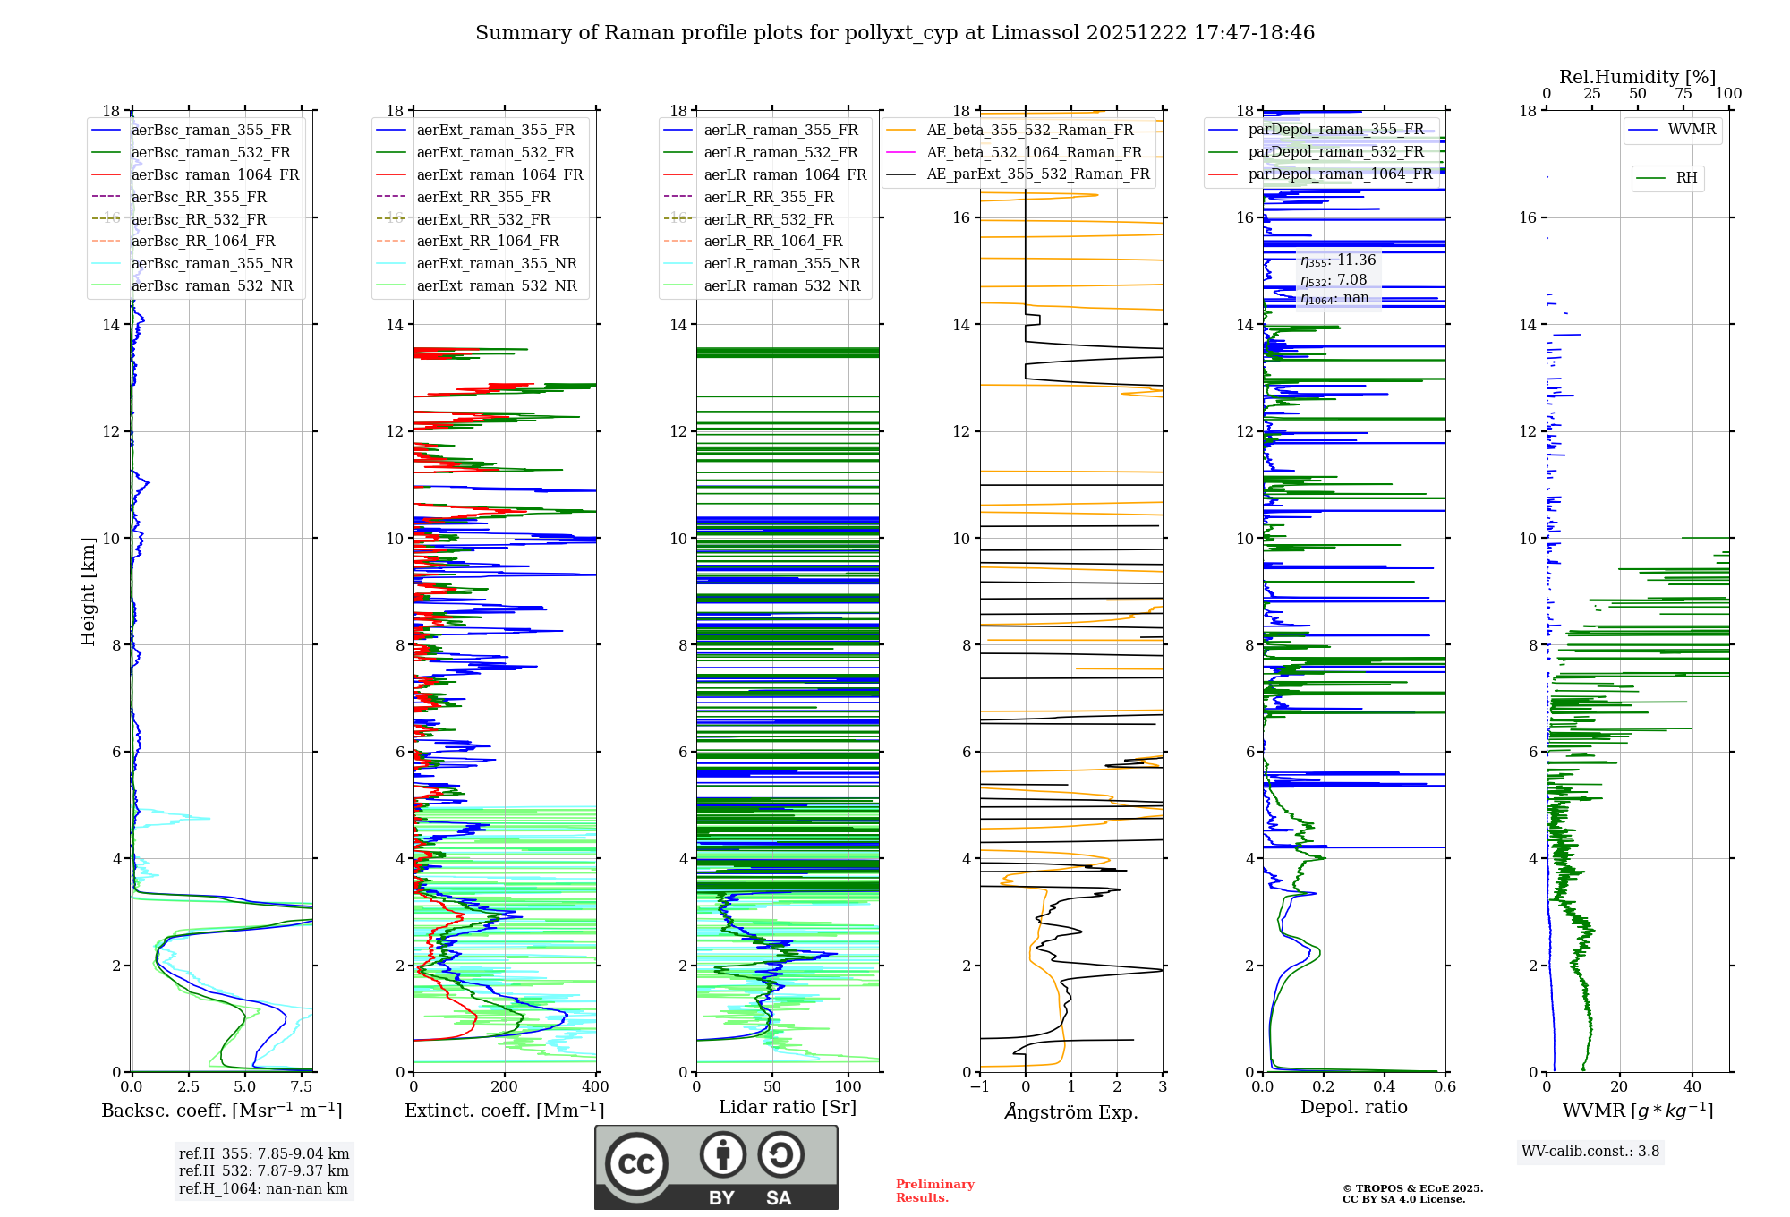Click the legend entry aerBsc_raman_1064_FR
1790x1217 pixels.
215,175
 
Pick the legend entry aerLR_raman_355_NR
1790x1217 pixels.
781,264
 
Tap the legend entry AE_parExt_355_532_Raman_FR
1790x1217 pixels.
1037,174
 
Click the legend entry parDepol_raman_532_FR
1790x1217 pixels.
1335,152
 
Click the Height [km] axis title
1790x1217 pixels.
88,591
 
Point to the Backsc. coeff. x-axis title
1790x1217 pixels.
221,1111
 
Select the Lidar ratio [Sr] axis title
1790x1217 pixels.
788,1107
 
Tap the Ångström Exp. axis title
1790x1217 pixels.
1071,1111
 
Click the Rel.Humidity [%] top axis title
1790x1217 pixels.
1637,77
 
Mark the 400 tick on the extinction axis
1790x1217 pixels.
596,1087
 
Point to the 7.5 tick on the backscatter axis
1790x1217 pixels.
302,1087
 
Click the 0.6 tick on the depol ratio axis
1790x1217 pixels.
1445,1087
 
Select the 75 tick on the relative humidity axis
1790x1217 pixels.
1683,94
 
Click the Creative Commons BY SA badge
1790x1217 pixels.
716,1167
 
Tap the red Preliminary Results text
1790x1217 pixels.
934,1191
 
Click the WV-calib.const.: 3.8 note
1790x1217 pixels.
1590,1152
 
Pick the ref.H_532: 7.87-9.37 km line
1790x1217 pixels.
264,1171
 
